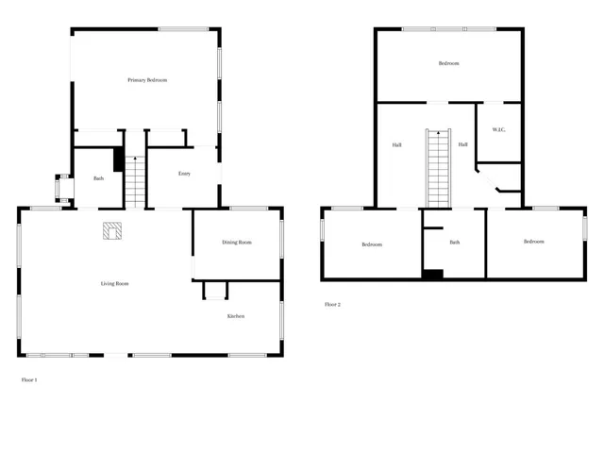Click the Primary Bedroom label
(147, 80)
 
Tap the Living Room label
(115, 283)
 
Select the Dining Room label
(237, 243)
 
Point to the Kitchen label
(235, 316)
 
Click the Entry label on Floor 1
(185, 174)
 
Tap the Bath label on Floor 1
(98, 178)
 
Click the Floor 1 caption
(28, 379)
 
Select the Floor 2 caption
(332, 305)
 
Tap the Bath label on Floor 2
(454, 243)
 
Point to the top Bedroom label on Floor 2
(448, 63)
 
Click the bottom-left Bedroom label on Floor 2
(372, 244)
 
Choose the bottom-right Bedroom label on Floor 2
(534, 242)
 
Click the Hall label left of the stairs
(397, 144)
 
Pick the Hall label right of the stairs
(463, 144)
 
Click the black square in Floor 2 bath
(432, 275)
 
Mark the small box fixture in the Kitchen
(215, 291)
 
